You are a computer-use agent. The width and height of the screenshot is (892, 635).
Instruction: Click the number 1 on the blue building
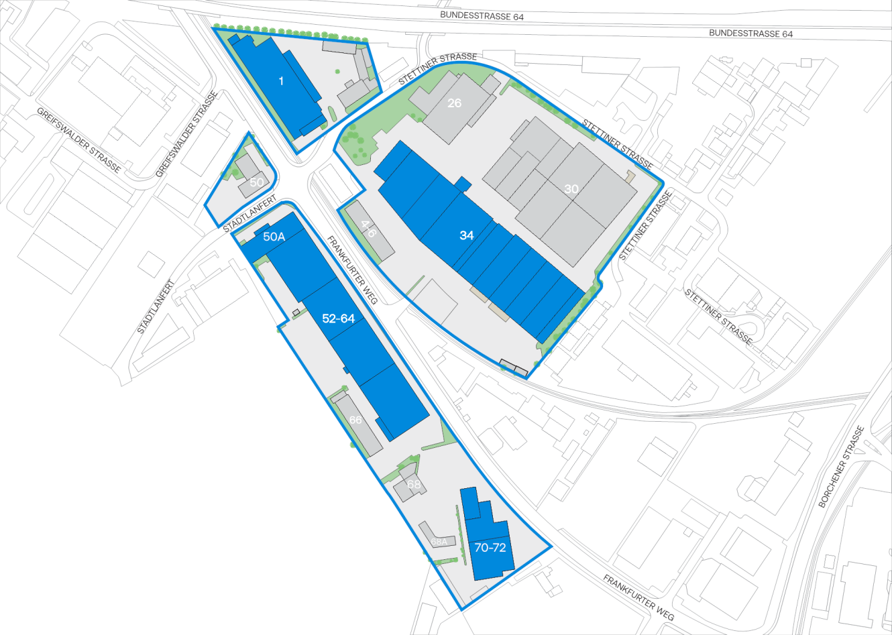pos(281,81)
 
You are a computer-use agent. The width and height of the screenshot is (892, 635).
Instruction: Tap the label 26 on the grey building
pos(454,103)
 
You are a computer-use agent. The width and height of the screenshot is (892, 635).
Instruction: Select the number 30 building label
pos(571,189)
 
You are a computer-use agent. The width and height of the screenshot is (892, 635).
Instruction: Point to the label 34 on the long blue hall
pos(467,235)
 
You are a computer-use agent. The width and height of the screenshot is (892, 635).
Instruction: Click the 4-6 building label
pos(368,229)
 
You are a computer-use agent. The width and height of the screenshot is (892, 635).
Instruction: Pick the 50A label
pos(274,237)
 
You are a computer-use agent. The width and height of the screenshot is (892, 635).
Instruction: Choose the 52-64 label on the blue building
pos(338,319)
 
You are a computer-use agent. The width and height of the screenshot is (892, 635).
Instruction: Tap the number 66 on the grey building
pos(355,420)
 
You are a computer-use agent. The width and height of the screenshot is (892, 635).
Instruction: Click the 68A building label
pos(439,541)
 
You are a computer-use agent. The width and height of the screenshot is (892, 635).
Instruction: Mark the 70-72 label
pos(490,548)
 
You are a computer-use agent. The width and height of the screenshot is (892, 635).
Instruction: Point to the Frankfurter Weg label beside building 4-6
pos(352,270)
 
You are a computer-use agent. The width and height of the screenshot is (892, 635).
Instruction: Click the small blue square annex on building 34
pos(463,183)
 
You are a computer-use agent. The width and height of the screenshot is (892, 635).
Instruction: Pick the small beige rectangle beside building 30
pos(630,176)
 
